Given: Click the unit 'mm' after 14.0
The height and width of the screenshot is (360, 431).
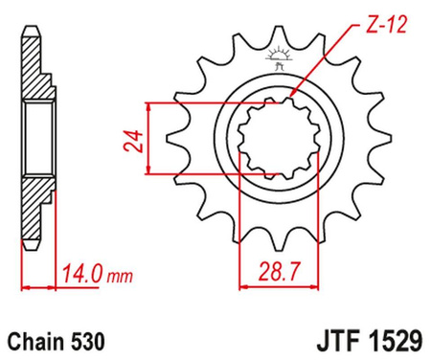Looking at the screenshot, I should coord(122,277).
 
